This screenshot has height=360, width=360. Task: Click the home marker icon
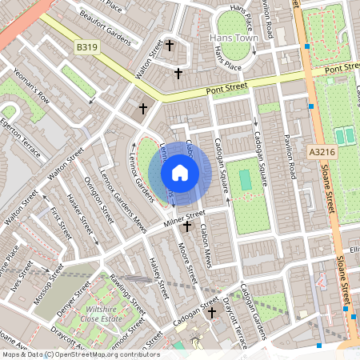point(180,172)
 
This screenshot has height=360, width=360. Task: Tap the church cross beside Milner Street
point(187,227)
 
